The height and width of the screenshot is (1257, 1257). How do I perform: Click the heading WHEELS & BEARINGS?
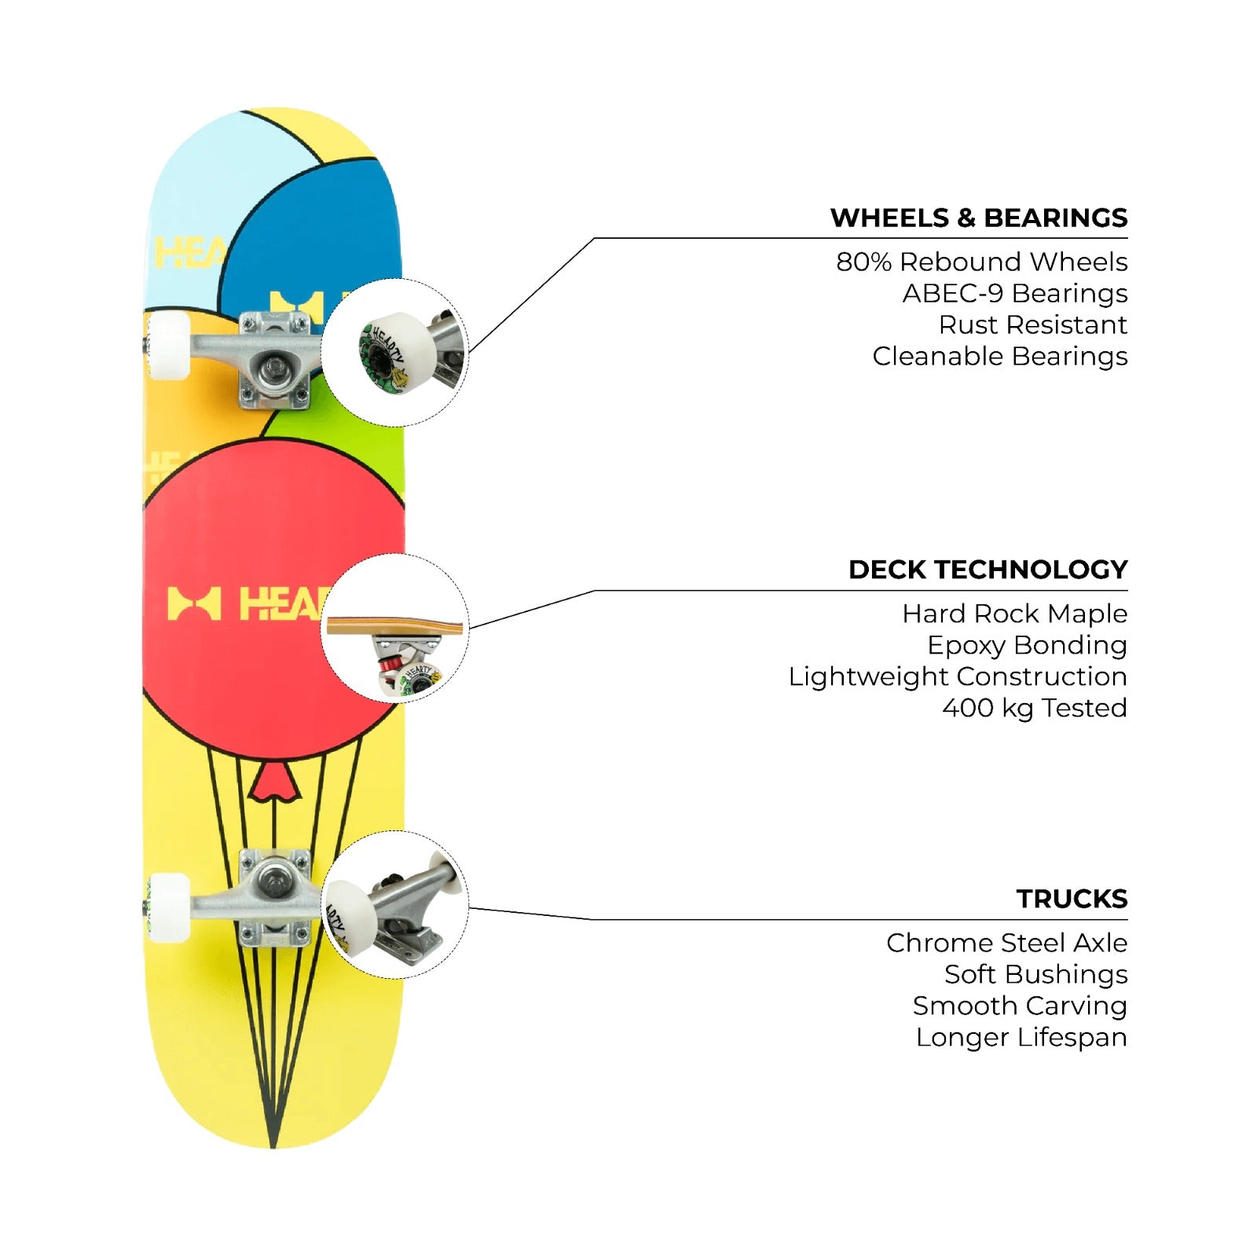pos(979,218)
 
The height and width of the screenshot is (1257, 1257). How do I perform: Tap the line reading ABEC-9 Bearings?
pos(1015,293)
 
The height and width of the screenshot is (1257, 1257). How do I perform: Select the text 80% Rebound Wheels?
pos(982,262)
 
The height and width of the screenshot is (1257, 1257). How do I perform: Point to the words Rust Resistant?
pos(1033,324)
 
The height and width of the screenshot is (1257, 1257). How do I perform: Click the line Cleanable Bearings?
pos(1000,356)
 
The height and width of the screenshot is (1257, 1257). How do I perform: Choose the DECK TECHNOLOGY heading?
pos(988,570)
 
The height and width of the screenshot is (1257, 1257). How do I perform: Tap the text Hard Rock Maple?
pos(1015,614)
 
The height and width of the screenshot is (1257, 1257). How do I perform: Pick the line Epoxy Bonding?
pos(1028,645)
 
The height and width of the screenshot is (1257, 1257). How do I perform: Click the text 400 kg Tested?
pos(1035,708)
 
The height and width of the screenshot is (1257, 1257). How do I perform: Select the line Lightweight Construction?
pos(958,676)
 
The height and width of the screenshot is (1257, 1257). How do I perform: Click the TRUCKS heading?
pos(1072,899)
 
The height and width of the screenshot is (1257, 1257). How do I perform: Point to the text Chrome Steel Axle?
pos(1007,943)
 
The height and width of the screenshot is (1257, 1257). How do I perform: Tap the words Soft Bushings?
pos(1036,974)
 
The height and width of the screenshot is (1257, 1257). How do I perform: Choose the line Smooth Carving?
pos(1021,1006)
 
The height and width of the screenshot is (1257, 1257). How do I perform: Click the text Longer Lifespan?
pos(1022,1037)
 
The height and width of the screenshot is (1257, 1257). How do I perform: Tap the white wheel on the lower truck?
pos(168,907)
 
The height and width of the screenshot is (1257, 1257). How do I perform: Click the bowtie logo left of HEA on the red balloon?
pos(194,604)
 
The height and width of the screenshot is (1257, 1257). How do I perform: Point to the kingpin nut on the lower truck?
pos(274,874)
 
